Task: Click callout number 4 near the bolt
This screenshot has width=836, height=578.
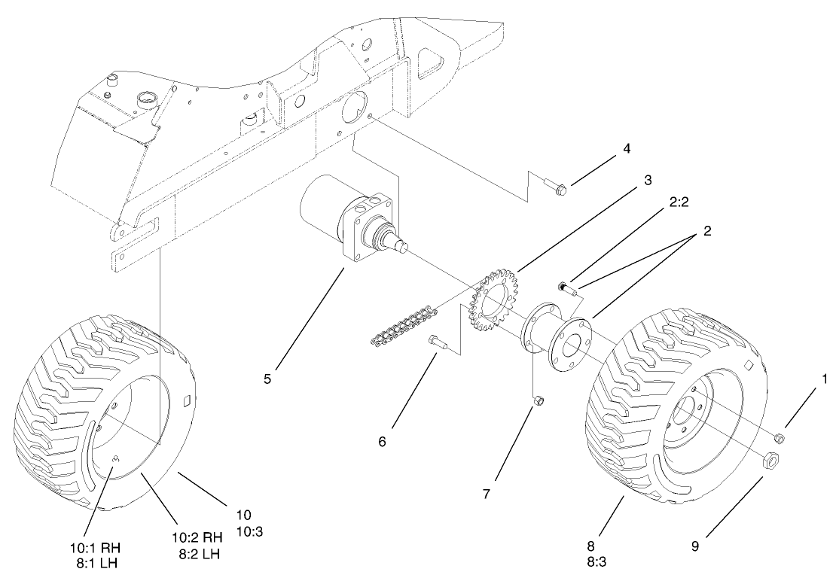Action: tap(626, 148)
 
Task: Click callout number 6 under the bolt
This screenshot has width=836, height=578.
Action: tap(382, 441)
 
